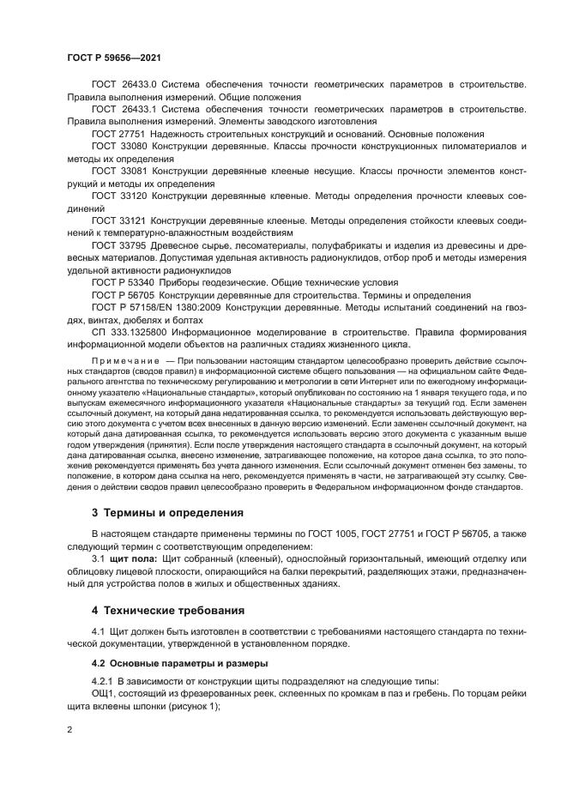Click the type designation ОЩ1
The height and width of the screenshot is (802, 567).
coord(103,694)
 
